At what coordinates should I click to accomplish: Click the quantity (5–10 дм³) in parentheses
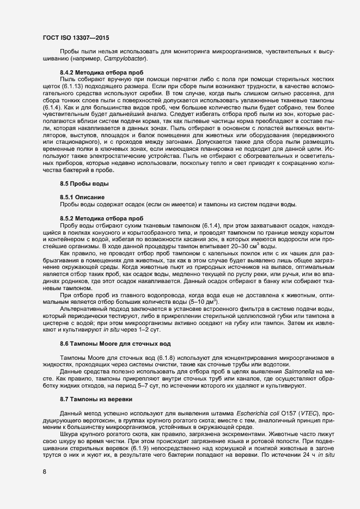click(203, 302)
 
